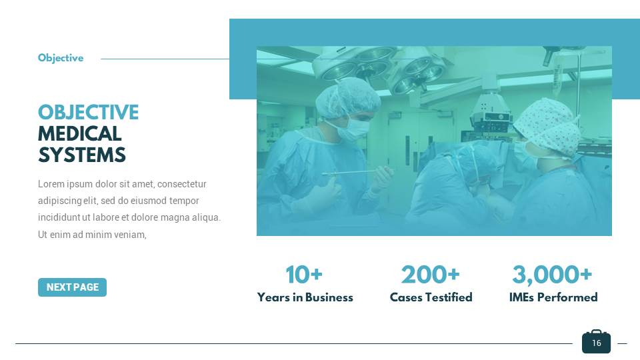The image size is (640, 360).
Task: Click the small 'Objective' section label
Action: pos(61,58)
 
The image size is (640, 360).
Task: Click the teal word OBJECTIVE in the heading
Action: pos(88,113)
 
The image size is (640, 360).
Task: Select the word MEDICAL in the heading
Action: pos(79,134)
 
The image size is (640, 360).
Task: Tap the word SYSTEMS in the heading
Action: pos(81,155)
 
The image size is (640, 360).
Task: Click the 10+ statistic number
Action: pos(304,275)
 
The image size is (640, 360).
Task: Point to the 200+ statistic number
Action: pos(430,275)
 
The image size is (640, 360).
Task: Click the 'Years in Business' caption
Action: pos(305,297)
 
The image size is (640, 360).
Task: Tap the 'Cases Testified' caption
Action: pos(431,297)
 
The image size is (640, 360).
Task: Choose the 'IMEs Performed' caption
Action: pos(553,297)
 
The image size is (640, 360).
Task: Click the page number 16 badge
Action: pos(596,342)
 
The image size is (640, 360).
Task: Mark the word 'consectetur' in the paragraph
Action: pos(181,184)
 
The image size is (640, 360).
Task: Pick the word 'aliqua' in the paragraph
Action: pos(205,217)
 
